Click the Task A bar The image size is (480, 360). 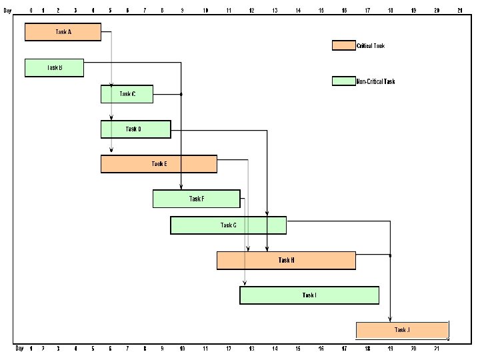(63, 32)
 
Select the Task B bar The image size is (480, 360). (54, 68)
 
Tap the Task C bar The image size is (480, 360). (127, 94)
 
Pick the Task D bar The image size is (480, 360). (135, 129)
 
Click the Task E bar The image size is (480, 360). (159, 164)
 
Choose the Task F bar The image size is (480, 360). (196, 199)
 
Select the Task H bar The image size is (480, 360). (286, 260)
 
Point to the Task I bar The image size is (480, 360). (309, 295)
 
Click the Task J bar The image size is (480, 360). (402, 330)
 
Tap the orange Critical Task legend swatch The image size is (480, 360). (343, 45)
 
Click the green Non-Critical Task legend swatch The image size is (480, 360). (343, 81)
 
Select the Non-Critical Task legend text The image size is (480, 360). (375, 81)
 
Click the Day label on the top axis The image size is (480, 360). (7, 10)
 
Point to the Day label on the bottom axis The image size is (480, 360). (19, 348)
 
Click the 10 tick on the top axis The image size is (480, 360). (205, 10)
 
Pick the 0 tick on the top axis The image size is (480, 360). (31, 10)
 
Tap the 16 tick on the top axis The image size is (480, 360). (344, 10)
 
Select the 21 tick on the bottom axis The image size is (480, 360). (437, 348)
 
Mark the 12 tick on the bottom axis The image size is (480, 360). (228, 348)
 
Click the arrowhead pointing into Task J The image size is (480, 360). (390, 319)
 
